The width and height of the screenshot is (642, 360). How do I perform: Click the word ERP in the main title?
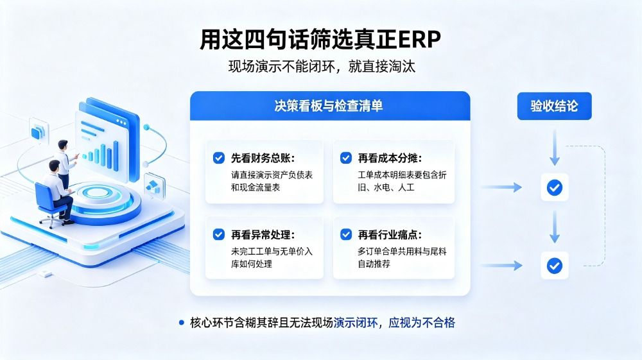419,39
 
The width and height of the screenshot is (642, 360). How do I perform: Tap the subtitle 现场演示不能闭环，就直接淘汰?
322,66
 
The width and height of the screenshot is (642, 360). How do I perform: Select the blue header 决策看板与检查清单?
330,105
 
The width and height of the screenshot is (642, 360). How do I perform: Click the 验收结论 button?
555,106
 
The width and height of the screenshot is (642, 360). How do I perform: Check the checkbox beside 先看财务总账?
219,158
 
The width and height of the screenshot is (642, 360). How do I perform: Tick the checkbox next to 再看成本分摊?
346,158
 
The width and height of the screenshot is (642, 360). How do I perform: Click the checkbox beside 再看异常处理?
219,234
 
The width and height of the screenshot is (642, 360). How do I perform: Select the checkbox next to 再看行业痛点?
346,234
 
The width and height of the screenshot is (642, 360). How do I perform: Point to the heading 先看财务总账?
263,158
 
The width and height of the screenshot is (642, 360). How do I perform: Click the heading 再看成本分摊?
390,158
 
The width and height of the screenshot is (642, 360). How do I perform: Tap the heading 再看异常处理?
263,235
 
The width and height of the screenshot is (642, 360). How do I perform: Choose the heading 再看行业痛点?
390,235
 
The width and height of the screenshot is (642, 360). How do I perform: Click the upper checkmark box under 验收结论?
555,187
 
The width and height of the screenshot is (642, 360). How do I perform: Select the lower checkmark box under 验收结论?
555,266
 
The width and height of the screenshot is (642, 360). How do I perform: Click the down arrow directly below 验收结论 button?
555,148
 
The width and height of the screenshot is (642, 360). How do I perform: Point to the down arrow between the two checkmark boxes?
555,227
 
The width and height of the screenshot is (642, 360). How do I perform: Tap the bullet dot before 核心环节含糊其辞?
182,323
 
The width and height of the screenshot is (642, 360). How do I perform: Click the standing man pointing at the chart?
65,164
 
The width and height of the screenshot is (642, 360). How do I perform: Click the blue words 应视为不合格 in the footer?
422,323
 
